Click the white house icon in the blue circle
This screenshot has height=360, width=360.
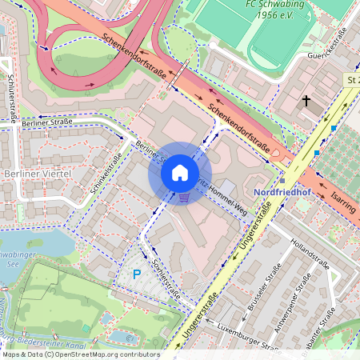180,173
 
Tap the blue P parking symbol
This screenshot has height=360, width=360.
137,274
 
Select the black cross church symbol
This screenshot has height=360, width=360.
306,102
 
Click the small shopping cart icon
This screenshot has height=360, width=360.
185,196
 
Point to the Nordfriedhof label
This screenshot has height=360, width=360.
286,193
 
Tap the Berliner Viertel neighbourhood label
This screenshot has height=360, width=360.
38,174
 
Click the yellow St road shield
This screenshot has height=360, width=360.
352,80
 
